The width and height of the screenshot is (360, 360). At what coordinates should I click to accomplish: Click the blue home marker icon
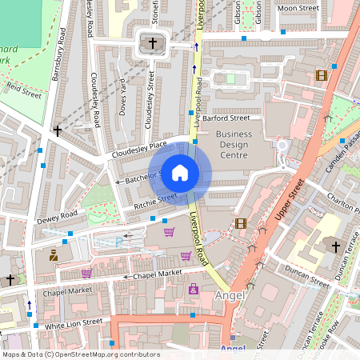(180, 172)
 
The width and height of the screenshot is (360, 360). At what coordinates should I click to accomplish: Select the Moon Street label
(297, 8)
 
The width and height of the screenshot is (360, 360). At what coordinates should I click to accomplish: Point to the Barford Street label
(226, 118)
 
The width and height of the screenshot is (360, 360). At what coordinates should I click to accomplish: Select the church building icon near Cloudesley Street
(149, 43)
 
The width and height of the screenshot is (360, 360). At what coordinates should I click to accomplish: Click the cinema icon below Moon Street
(322, 75)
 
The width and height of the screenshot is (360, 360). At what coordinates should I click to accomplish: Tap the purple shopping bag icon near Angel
(194, 288)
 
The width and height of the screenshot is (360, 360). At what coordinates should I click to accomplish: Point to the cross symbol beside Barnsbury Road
(57, 130)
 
